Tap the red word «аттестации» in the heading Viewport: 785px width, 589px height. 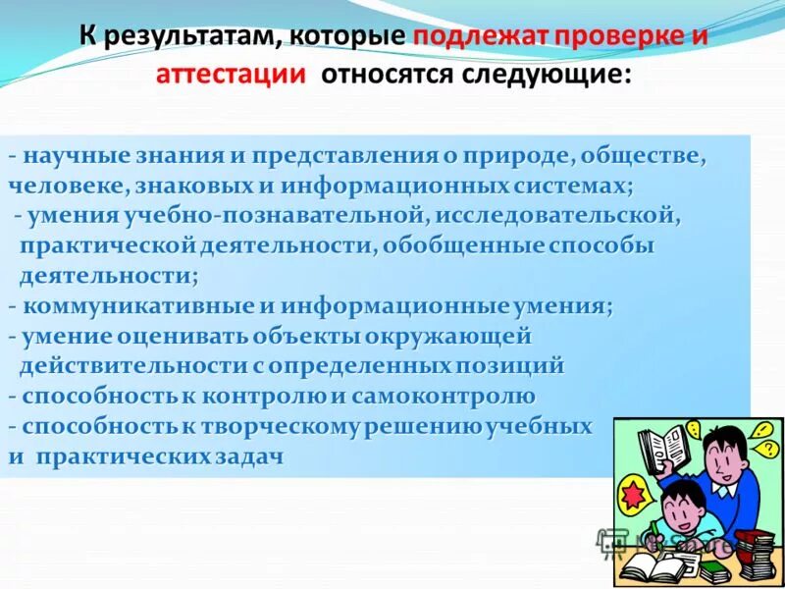[x=227, y=77]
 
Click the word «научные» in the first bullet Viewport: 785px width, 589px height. [x=69, y=156]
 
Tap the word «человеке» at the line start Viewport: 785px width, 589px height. [x=58, y=185]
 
